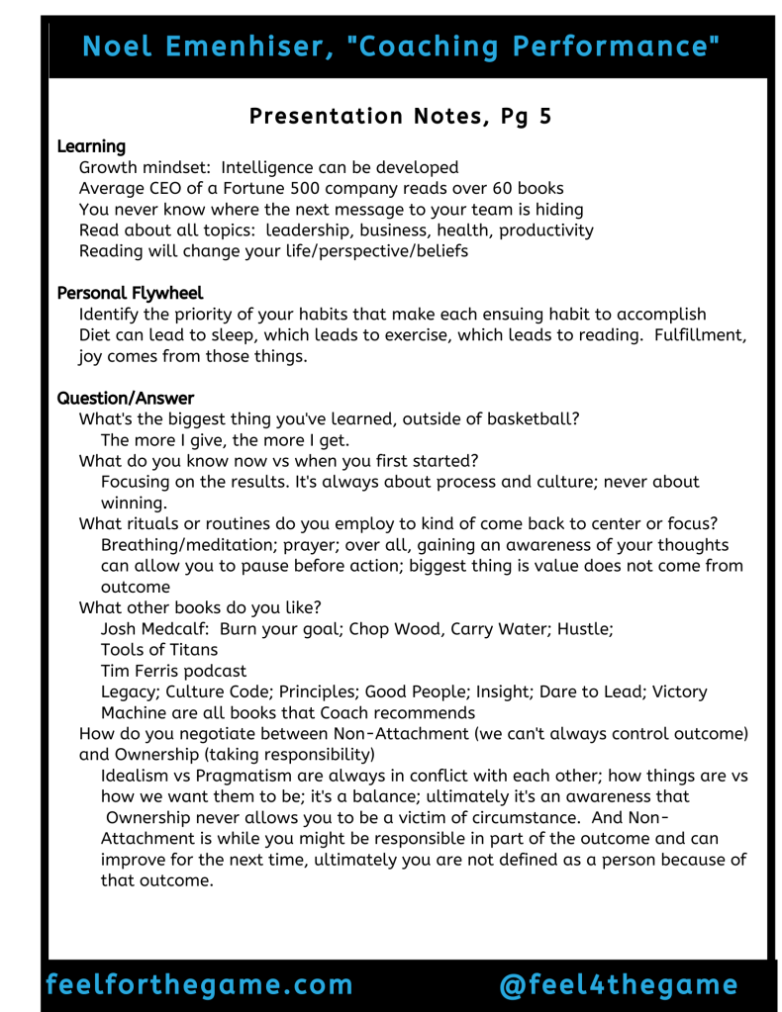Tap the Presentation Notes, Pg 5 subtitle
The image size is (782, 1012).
pyautogui.click(x=400, y=116)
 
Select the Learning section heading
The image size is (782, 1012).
pyautogui.click(x=91, y=146)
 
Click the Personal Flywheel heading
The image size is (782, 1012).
pyautogui.click(x=130, y=293)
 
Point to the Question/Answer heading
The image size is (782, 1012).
pyautogui.click(x=126, y=398)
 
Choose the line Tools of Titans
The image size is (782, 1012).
pyautogui.click(x=159, y=650)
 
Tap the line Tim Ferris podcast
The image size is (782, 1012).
pyautogui.click(x=172, y=671)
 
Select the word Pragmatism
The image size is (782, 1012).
pyautogui.click(x=239, y=776)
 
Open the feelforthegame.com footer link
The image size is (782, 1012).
pyautogui.click(x=199, y=984)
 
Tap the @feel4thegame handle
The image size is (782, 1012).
pyautogui.click(x=619, y=984)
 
